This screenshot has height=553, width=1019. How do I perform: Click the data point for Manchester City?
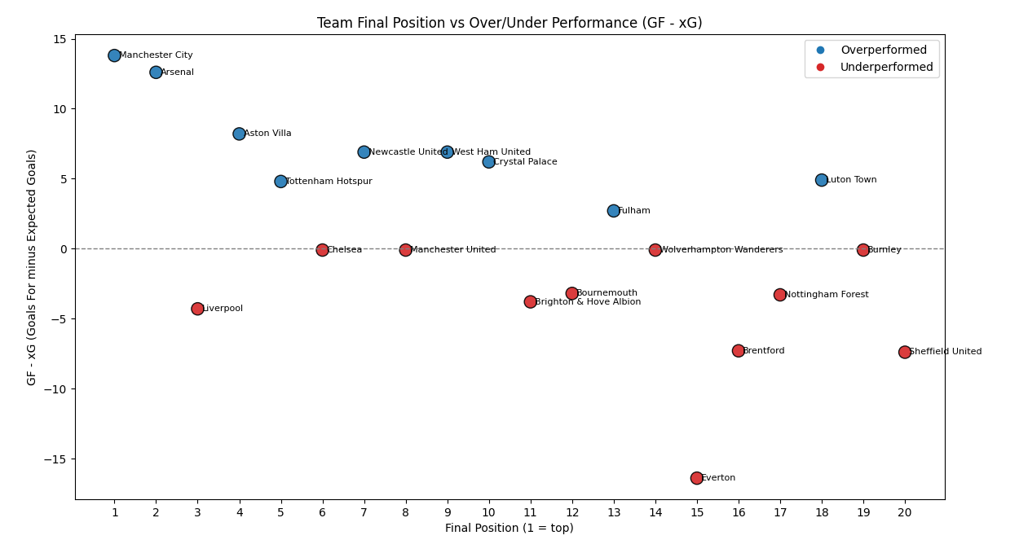pyautogui.click(x=114, y=55)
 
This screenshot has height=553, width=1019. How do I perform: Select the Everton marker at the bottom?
pyautogui.click(x=696, y=478)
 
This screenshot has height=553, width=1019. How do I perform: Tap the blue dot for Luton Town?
pyautogui.click(x=821, y=180)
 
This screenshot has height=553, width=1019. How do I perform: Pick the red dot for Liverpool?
pyautogui.click(x=197, y=309)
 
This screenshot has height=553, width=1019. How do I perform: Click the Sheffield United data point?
pyautogui.click(x=904, y=352)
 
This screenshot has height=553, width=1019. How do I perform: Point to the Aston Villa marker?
pyautogui.click(x=239, y=134)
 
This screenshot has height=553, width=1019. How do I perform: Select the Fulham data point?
pyautogui.click(x=613, y=211)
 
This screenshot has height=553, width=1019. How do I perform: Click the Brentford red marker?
pyautogui.click(x=738, y=351)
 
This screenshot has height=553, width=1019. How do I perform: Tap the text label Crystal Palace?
pyautogui.click(x=525, y=162)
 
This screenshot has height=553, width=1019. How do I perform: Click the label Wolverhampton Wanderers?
pyautogui.click(x=721, y=250)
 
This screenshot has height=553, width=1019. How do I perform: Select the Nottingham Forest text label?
pyautogui.click(x=826, y=295)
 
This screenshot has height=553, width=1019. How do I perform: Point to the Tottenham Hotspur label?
pyautogui.click(x=329, y=182)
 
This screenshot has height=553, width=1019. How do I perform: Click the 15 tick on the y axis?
pyautogui.click(x=60, y=39)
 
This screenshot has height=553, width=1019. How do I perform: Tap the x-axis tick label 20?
pyautogui.click(x=904, y=512)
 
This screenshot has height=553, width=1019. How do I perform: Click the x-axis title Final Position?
pyautogui.click(x=509, y=529)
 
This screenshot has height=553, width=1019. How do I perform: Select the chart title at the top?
pyautogui.click(x=509, y=23)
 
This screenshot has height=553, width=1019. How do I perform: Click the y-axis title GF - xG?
pyautogui.click(x=32, y=267)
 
